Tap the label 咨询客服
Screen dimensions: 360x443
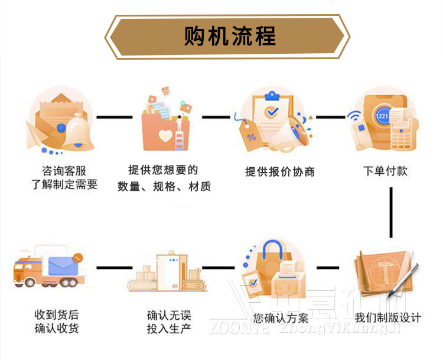(x=63, y=171)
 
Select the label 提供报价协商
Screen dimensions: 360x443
(x=280, y=172)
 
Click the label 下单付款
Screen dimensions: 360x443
(x=385, y=171)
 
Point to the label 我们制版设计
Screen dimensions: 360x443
(x=388, y=318)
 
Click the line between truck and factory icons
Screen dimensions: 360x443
(x=114, y=268)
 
